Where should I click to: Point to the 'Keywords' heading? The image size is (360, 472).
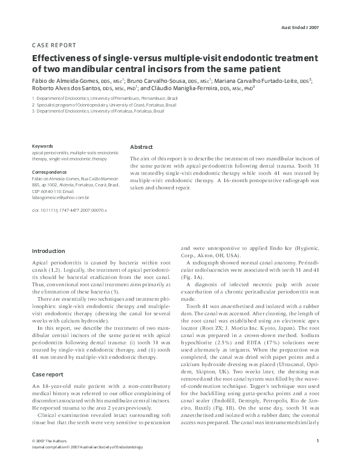pyautogui.click(x=42, y=146)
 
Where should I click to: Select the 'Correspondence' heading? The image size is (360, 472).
pyautogui.click(x=49, y=171)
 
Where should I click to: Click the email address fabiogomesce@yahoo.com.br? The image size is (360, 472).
pyautogui.click(x=61, y=197)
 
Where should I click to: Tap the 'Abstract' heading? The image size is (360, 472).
pyautogui.click(x=142, y=146)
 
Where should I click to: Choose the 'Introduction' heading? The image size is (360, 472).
pyautogui.click(x=48, y=251)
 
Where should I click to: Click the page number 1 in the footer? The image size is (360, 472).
pyautogui.click(x=318, y=457)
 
